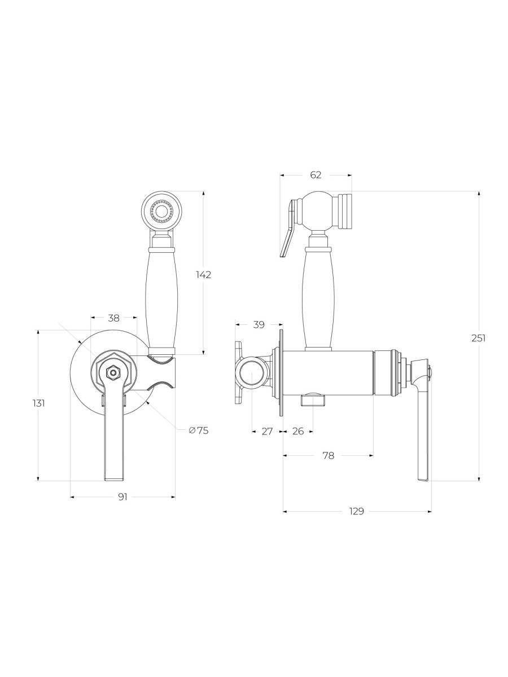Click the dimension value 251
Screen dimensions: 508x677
(479, 338)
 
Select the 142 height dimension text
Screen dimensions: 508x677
(204, 275)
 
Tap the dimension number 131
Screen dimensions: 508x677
(39, 403)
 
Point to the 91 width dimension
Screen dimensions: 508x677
(122, 497)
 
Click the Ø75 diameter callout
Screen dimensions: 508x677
(199, 430)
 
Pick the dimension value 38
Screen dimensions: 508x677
(114, 318)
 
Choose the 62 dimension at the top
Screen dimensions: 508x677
(316, 175)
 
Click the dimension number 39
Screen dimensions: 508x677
(259, 324)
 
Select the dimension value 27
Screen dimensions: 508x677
(267, 431)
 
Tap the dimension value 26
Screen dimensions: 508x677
(298, 431)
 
